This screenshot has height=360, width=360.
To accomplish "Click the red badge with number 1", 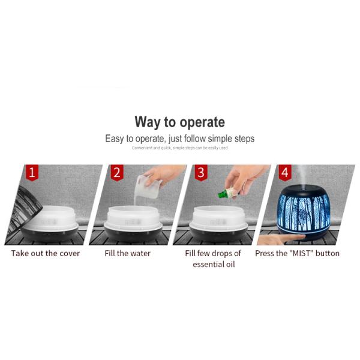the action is coord(32,172).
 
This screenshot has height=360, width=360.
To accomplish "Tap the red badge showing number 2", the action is coord(117,172).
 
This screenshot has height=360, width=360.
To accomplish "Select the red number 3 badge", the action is coord(201,172).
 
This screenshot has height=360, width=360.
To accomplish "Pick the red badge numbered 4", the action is coord(285,172).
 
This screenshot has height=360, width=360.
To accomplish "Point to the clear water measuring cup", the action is coord(148,187).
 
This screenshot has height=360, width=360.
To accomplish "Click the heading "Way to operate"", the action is coord(180,122).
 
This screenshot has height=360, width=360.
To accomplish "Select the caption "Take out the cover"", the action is coord(46,253).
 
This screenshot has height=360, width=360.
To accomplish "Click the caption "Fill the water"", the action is coord(127,253).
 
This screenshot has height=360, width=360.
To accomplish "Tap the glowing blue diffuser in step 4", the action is coord(303,214).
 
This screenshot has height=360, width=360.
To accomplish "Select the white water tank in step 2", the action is coord(133,218).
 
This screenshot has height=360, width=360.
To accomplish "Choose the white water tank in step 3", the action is coord(218,218).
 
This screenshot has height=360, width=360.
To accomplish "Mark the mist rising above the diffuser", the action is coord(302,176).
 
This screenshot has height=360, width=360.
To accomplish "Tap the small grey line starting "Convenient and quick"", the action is coord(180,148).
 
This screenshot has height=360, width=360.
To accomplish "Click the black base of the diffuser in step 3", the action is coord(218,235).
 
